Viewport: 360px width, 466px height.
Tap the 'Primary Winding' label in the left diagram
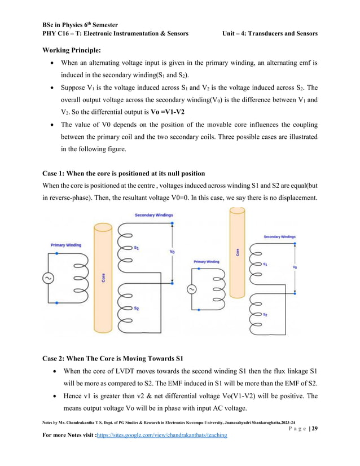click(66, 245)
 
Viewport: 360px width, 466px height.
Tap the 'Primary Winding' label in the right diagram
click(207, 262)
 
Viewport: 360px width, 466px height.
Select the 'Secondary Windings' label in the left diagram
click(154, 215)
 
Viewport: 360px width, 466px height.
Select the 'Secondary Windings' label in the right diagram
click(279, 236)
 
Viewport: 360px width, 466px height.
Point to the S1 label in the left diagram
click(137, 248)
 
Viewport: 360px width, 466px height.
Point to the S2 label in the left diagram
click(137, 308)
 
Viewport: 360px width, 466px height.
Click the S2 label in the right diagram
click(265, 314)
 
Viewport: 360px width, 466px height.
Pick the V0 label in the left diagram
click(172, 252)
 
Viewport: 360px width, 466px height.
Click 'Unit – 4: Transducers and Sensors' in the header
click(270, 34)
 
